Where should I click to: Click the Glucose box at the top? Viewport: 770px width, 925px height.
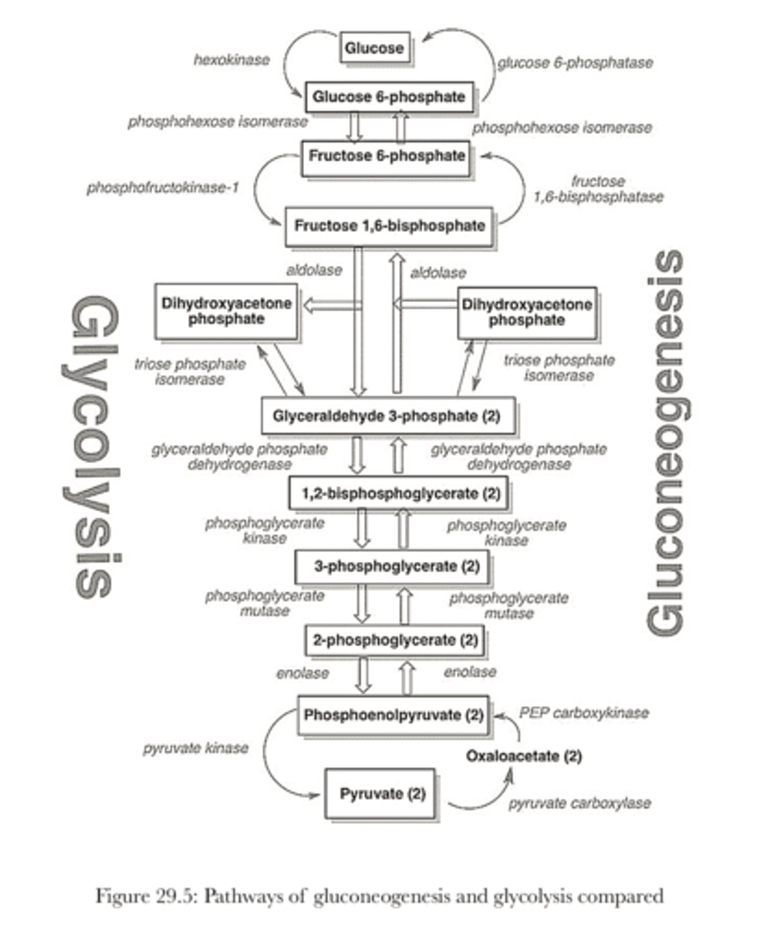click(374, 49)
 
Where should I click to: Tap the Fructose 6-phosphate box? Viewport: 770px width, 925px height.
click(387, 156)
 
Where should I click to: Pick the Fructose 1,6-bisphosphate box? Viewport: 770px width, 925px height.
click(390, 226)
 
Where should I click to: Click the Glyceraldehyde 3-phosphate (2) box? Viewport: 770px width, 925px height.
click(387, 416)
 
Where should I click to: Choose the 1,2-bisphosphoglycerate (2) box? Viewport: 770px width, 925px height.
click(397, 493)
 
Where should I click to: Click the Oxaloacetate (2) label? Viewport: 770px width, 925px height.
click(524, 756)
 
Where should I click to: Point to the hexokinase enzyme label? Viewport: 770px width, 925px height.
click(231, 59)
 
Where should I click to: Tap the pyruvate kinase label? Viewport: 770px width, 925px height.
click(195, 748)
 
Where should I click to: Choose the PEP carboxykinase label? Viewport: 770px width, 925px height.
click(583, 713)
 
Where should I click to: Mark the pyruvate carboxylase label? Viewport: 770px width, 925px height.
click(579, 803)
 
